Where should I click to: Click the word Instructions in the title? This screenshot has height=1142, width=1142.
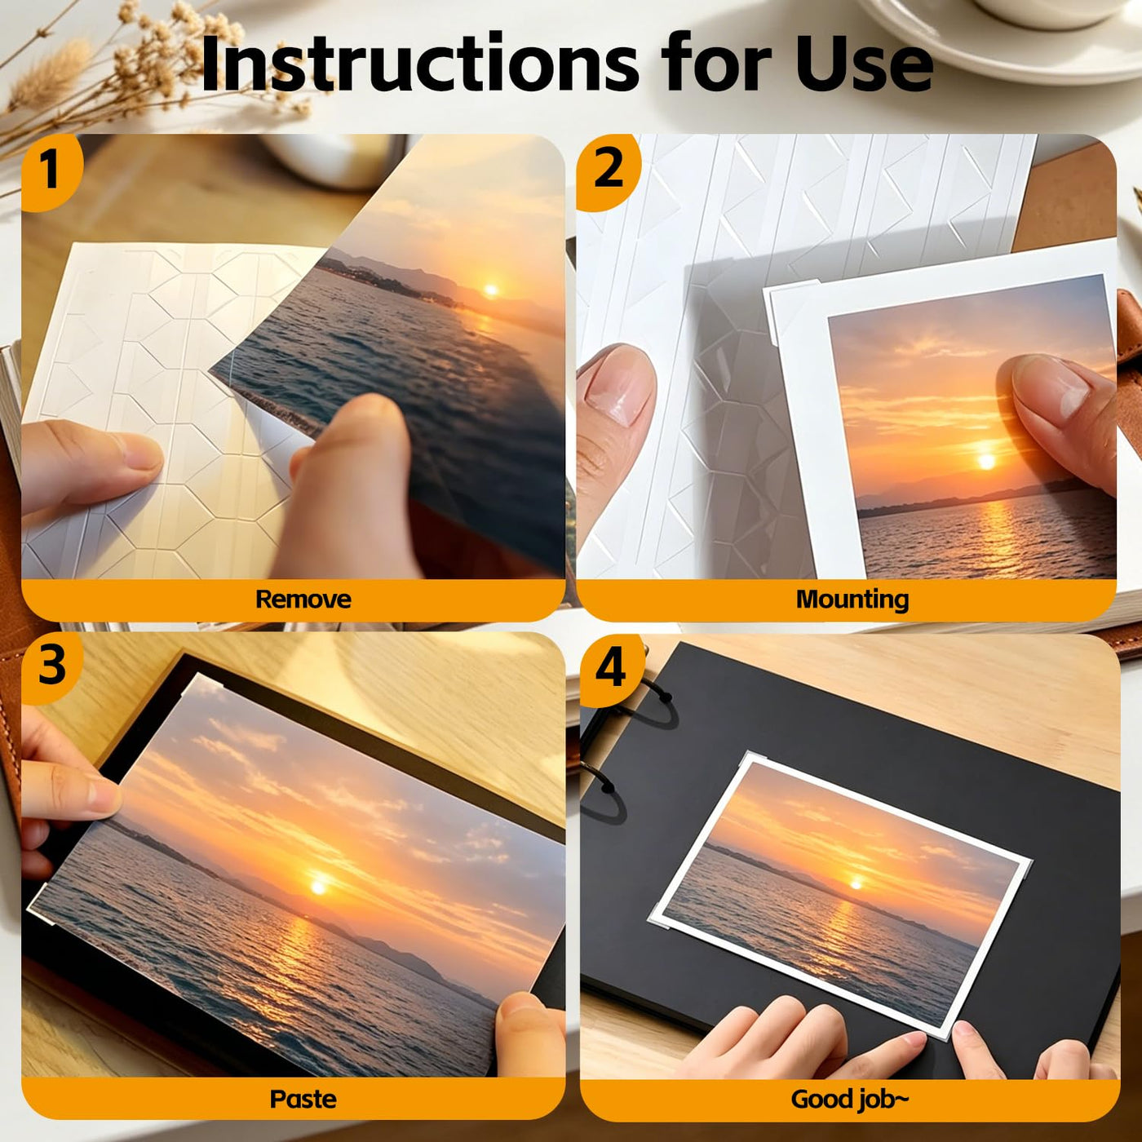click(419, 63)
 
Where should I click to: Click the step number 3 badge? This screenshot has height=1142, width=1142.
click(52, 665)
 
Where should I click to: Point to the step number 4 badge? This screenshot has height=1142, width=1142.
click(611, 670)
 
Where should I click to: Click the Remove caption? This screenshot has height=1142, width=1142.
click(303, 600)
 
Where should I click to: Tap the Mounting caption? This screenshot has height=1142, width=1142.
click(852, 600)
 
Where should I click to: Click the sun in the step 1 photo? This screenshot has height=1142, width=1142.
click(491, 290)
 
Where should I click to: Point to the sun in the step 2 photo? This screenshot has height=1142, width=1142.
click(986, 461)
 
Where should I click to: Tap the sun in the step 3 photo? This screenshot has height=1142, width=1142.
click(319, 887)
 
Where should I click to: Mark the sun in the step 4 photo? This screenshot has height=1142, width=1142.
click(856, 884)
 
